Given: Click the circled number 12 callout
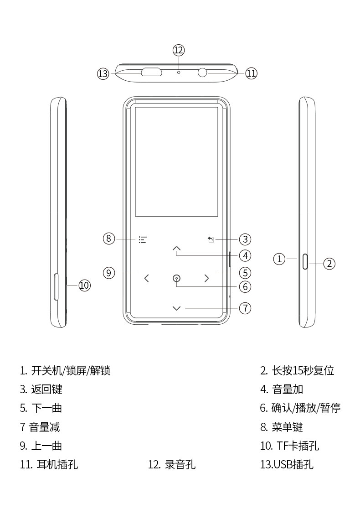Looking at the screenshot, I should pos(179,50).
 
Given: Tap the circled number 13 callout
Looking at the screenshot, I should pos(103,73).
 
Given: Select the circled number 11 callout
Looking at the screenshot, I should pos(252,73).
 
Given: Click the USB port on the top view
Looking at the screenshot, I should pos(151,72).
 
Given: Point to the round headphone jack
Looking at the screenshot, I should pos(203,72).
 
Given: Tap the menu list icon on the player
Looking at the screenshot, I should pos(143,239).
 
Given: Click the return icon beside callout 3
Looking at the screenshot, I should pos(211,239).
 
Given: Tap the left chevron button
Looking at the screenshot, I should pos(146,278).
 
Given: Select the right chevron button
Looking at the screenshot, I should pos(207,278).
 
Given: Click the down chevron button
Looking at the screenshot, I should pos(177,308).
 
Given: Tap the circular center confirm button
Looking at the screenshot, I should pos(177,278).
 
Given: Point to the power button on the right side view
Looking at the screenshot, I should pos(304,262).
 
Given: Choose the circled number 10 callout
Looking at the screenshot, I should pos(85,286).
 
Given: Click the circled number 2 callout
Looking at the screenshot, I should pos(329,263).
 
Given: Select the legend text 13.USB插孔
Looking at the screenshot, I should pos(287,465).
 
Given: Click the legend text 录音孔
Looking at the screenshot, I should pos(180,465).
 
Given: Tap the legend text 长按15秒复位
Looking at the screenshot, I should pos(303,370).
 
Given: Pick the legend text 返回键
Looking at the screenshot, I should pos(46,389).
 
